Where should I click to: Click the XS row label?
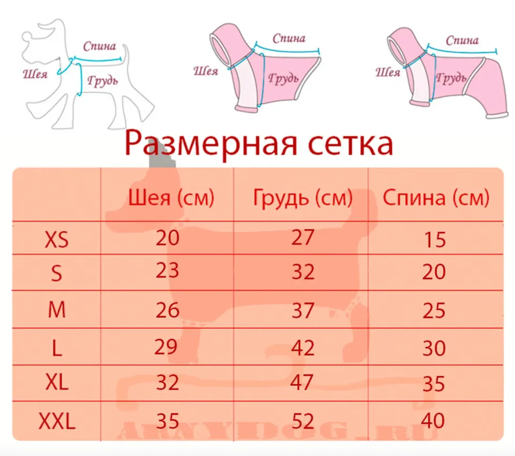(57, 240)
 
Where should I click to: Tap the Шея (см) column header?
(171, 198)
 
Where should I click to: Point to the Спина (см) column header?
(436, 198)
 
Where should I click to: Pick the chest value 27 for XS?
(303, 237)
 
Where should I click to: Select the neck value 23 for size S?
(167, 270)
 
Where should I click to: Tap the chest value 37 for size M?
(303, 310)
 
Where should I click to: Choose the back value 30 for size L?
(434, 348)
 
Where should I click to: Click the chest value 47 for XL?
(302, 382)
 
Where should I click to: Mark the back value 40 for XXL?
(433, 421)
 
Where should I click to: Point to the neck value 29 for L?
(166, 347)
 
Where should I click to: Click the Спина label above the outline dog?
(100, 46)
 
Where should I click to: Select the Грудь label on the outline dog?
(103, 81)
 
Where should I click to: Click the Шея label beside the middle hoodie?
(206, 71)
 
